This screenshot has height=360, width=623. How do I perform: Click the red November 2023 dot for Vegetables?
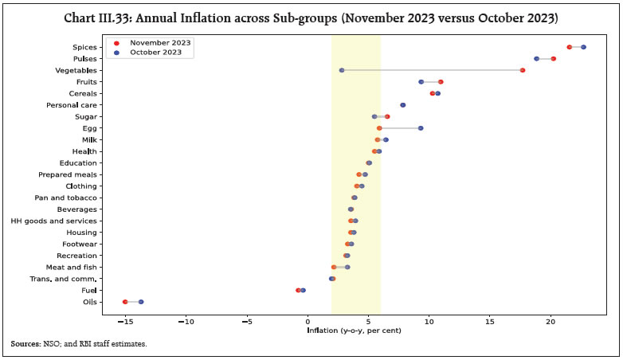tap(523, 70)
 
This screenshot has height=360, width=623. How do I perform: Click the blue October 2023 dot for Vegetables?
tap(342, 70)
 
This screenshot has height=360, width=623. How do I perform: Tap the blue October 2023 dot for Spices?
tap(583, 47)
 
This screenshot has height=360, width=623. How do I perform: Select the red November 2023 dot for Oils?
tap(125, 302)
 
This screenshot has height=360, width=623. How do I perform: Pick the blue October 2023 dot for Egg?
tap(421, 128)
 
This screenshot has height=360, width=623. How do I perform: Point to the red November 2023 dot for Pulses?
tap(553, 59)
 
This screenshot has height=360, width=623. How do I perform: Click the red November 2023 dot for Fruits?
tap(441, 82)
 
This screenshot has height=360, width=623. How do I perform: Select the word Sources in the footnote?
tap(27, 343)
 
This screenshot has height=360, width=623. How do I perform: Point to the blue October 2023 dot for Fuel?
tap(303, 291)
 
